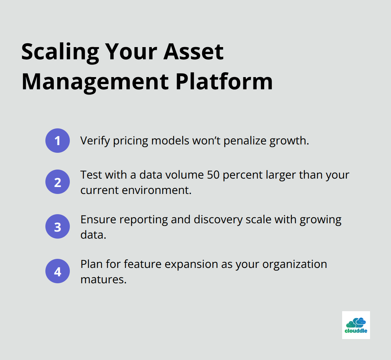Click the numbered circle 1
[58, 141]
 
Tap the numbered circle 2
[58, 182]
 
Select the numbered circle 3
[58, 226]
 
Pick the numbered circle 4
[58, 271]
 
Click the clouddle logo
[356, 325]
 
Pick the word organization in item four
[295, 264]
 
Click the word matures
[103, 279]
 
